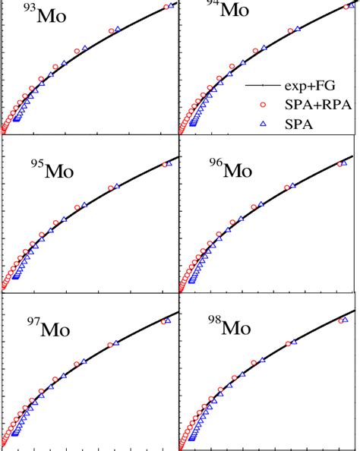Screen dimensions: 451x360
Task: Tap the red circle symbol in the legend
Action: (262, 106)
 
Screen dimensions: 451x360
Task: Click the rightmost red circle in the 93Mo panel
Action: (166, 7)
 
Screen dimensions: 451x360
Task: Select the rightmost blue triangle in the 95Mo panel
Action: (170, 162)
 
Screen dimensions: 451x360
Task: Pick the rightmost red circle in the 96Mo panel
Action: (340, 163)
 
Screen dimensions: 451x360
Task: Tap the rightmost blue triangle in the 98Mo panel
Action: (346, 320)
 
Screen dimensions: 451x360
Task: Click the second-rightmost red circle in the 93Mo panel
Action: (112, 31)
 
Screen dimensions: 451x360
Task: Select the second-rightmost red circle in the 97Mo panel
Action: (110, 345)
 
